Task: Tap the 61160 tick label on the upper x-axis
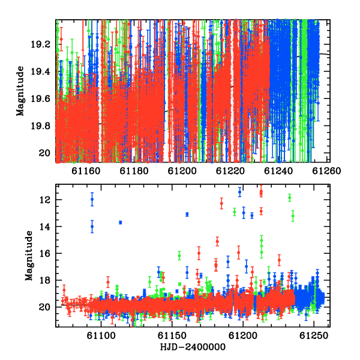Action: pos(86,171)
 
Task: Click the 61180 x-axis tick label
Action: pos(134,171)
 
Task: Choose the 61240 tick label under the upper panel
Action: pos(278,171)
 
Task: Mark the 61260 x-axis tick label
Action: pos(326,171)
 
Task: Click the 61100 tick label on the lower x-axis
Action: pos(101,336)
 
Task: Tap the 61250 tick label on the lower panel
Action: pos(314,336)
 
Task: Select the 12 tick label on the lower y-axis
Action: pos(44,200)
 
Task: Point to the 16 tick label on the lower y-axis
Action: pos(44,253)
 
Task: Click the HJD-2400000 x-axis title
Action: pos(193,347)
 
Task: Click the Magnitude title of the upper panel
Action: pos(20,91)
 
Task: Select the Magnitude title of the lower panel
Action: pos(29,256)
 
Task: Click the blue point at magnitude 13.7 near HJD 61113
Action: pos(121,223)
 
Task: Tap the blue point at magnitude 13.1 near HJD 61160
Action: pos(187,214)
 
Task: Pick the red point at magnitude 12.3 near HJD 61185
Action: pos(221,203)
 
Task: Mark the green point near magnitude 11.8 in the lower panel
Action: pos(290,197)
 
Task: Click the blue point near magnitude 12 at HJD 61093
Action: pos(92,199)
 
